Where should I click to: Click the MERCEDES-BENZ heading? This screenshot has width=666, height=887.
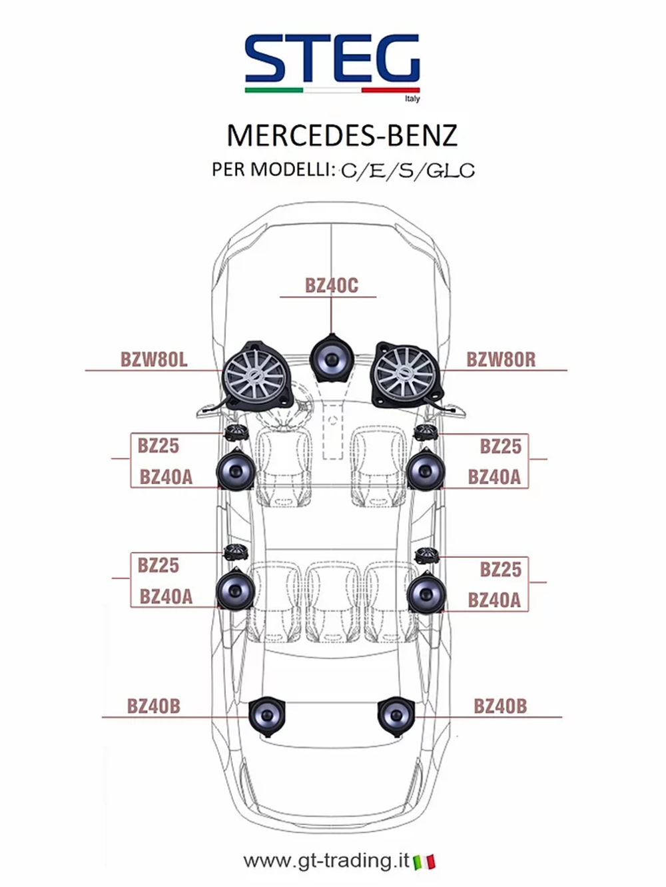click(x=342, y=135)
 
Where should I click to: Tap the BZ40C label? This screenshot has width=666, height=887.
click(x=331, y=285)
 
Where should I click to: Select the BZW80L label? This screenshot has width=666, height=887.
click(x=154, y=360)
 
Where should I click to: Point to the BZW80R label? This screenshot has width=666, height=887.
click(x=501, y=360)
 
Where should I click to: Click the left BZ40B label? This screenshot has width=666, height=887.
click(x=154, y=706)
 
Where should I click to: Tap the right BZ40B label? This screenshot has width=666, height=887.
click(x=500, y=706)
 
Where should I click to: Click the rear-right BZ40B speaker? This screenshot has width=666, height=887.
click(x=396, y=715)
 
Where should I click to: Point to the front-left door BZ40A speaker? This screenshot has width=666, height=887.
click(x=236, y=470)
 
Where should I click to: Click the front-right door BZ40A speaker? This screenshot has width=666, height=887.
click(x=426, y=470)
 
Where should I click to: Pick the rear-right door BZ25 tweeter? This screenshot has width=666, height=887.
click(x=425, y=555)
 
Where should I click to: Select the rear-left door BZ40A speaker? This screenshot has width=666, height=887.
click(x=236, y=589)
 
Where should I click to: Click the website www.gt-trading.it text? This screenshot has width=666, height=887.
click(x=326, y=860)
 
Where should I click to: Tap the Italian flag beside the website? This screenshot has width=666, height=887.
click(x=424, y=862)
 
